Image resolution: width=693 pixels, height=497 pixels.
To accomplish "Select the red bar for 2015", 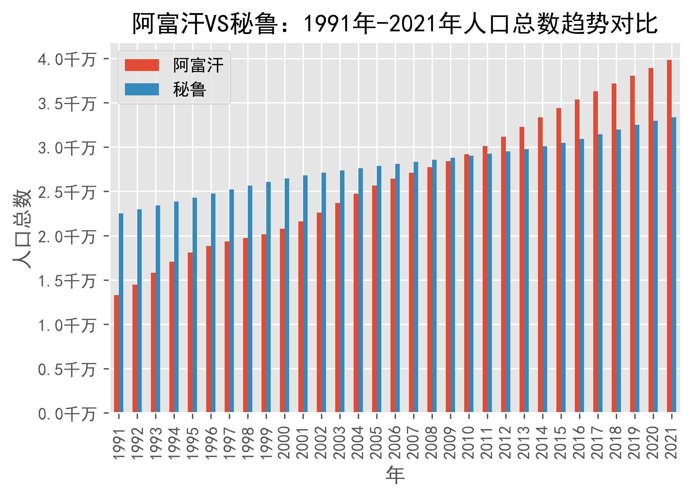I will tap(558, 260).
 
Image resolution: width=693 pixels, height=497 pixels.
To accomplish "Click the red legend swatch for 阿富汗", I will tap(142, 65).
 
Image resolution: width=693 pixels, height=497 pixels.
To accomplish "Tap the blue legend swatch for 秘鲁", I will tap(142, 89).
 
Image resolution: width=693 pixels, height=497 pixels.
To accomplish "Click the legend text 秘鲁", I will tap(189, 89).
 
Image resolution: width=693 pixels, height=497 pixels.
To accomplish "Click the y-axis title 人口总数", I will tap(22, 229).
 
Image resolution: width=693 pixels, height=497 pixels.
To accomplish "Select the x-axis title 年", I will tap(395, 475).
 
